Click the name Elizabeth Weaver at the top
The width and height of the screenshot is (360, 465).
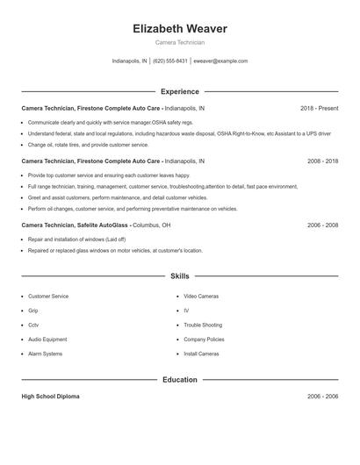click(x=179, y=29)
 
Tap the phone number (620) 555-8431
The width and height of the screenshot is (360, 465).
click(x=169, y=61)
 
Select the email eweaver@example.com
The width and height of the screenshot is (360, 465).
click(x=220, y=61)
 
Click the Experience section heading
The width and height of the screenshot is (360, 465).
click(x=180, y=91)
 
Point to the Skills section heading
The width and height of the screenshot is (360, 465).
click(x=180, y=275)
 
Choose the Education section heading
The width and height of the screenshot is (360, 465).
click(x=180, y=380)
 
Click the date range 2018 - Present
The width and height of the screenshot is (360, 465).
click(x=319, y=108)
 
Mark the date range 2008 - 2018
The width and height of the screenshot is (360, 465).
click(x=322, y=161)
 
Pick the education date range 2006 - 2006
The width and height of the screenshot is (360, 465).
click(x=322, y=397)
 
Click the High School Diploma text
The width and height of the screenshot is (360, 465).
click(x=50, y=397)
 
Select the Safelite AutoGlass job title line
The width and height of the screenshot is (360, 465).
click(x=96, y=225)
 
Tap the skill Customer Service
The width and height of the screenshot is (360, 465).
click(x=48, y=297)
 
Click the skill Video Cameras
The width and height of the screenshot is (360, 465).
click(x=202, y=297)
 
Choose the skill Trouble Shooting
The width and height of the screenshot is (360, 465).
click(x=203, y=325)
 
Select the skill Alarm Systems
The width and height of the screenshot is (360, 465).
click(x=46, y=354)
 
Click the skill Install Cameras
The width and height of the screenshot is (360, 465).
click(x=202, y=354)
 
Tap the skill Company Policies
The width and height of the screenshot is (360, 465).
click(x=204, y=339)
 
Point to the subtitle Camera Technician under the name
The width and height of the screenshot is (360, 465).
click(x=179, y=42)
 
